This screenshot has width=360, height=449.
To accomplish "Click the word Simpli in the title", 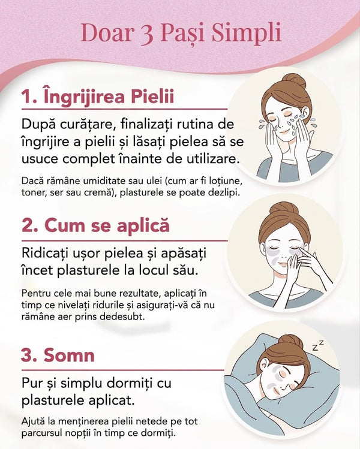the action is [246, 33].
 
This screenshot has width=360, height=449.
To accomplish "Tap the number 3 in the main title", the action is [147, 34].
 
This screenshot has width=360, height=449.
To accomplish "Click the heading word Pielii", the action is [152, 96].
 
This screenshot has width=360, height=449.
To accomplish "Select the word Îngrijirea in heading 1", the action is [84, 96].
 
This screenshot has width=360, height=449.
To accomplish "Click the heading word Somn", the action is [69, 355].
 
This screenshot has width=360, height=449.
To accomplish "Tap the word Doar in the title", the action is [106, 33].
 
